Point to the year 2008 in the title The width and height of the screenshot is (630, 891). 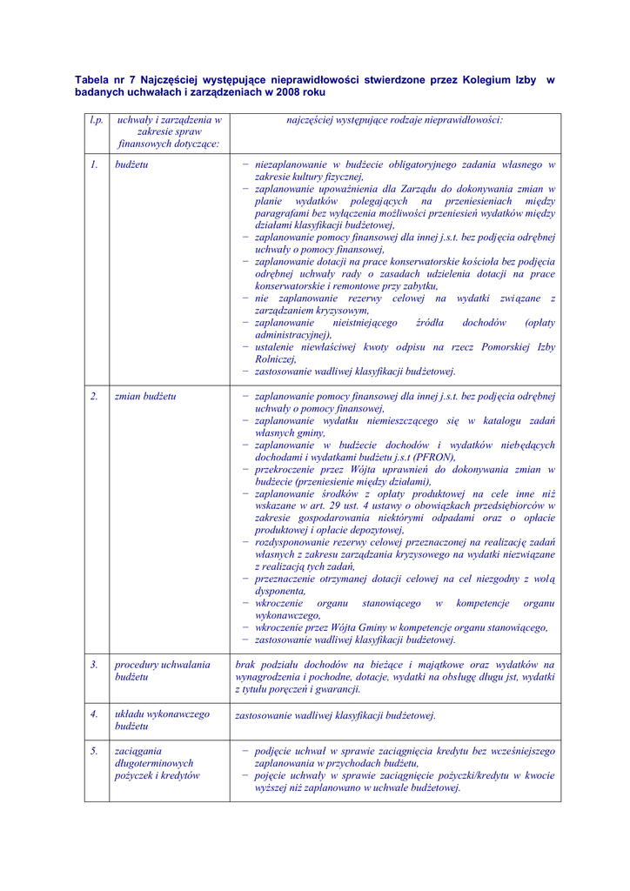(x=286, y=91)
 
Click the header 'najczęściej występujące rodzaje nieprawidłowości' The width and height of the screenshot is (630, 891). (x=394, y=120)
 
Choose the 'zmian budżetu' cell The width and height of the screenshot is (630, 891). (x=145, y=396)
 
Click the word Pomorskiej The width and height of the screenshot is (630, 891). (x=503, y=346)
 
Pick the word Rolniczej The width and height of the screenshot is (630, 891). (x=274, y=358)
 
